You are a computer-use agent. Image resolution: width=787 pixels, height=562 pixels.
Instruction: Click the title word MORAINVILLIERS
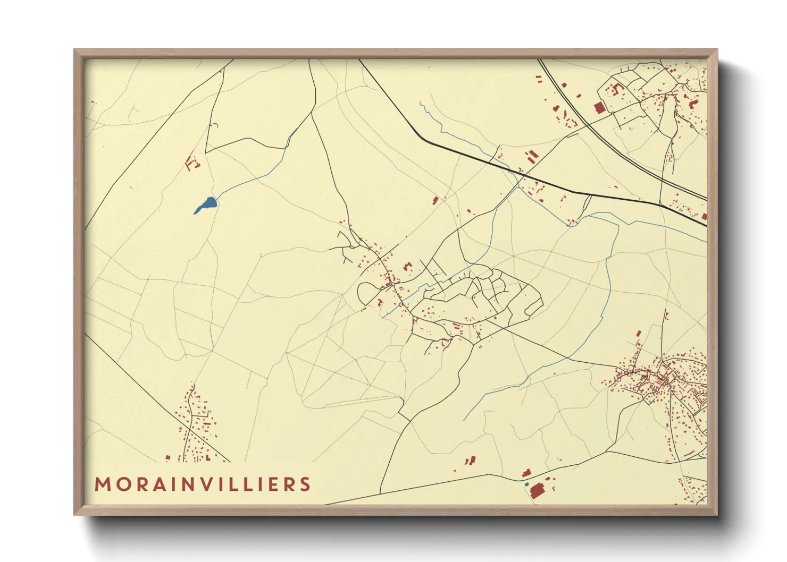pyautogui.click(x=203, y=484)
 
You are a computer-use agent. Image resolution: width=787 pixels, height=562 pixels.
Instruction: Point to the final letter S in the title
pyautogui.click(x=305, y=484)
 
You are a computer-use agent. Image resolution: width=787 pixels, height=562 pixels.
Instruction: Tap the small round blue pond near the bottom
pyautogui.click(x=526, y=484)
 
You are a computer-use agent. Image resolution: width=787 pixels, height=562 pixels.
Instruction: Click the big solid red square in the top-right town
pyautogui.click(x=599, y=108)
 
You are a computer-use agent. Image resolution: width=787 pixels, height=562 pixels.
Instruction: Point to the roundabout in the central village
pyautogui.click(x=392, y=284)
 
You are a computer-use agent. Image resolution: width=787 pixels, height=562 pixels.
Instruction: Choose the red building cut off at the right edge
pyautogui.click(x=704, y=216)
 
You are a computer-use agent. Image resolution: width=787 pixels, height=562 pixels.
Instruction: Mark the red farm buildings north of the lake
pyautogui.click(x=191, y=162)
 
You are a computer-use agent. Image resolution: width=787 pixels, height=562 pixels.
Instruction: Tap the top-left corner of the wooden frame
pyautogui.click(x=76, y=51)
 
